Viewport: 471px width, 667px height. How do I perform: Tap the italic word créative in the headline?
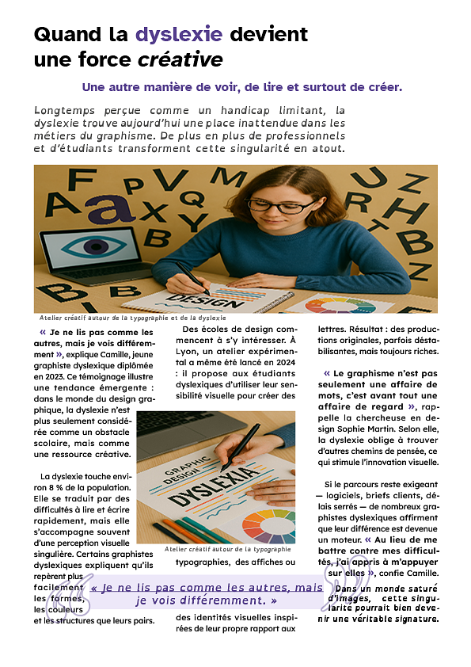coord(180,59)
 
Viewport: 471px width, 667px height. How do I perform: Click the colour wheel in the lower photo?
coord(268,526)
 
